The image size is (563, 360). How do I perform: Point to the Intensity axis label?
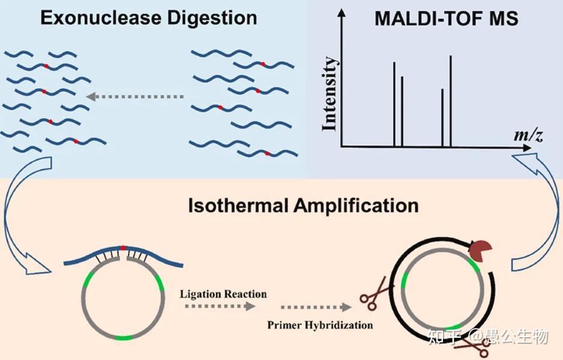pyautogui.click(x=330, y=94)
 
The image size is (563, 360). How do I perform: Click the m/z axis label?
pyautogui.click(x=528, y=135)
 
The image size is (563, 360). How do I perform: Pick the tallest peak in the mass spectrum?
pyautogui.click(x=451, y=101)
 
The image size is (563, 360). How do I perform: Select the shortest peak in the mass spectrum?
pyautogui.click(x=442, y=118)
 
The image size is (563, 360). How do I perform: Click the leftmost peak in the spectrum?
pyautogui.click(x=394, y=104)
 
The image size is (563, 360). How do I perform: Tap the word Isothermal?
pyautogui.click(x=238, y=206)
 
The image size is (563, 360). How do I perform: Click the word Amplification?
pyautogui.click(x=356, y=206)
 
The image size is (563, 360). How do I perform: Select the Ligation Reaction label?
pyautogui.click(x=223, y=294)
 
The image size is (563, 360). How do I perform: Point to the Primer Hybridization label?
pyautogui.click(x=320, y=325)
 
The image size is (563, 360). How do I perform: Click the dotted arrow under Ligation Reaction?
pyautogui.click(x=220, y=306)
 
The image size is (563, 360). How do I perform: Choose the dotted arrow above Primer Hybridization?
pyautogui.click(x=316, y=307)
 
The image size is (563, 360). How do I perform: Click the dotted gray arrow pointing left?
pyautogui.click(x=135, y=97)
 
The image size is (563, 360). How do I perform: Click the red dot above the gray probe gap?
pyautogui.click(x=123, y=248)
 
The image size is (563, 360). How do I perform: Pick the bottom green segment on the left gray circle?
pyautogui.click(x=124, y=338)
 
